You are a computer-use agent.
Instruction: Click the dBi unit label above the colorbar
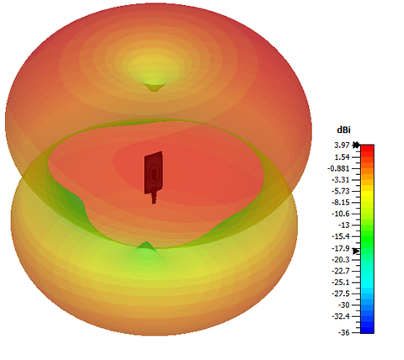[343, 130]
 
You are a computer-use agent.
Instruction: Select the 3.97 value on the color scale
[342, 146]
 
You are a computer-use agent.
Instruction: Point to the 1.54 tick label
[342, 157]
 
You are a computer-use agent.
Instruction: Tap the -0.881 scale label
[338, 168]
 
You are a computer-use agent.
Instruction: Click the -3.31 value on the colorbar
[341, 180]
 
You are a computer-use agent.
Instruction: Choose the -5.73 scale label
[341, 191]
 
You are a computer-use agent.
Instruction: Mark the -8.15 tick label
[341, 203]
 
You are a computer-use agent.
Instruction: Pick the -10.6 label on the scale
[341, 214]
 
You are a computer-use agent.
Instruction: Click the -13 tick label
[343, 225]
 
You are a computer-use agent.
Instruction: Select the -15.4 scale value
[341, 236]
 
